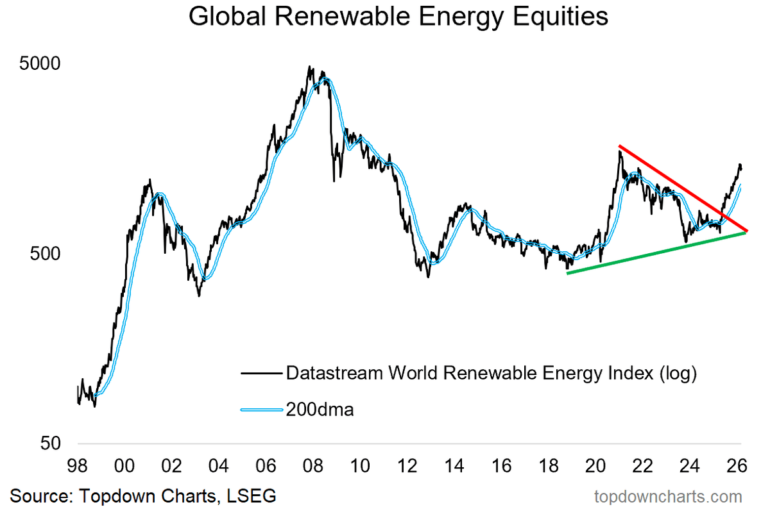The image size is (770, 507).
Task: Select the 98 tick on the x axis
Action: coord(78,464)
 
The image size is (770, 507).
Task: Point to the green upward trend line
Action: coord(654,253)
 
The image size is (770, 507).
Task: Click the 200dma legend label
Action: coord(319,409)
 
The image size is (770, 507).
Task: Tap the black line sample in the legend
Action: coord(260,372)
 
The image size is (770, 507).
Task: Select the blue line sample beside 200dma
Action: coord(260,409)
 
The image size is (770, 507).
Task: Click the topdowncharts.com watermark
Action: coord(668,495)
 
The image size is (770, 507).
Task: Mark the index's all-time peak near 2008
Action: coord(311,67)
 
